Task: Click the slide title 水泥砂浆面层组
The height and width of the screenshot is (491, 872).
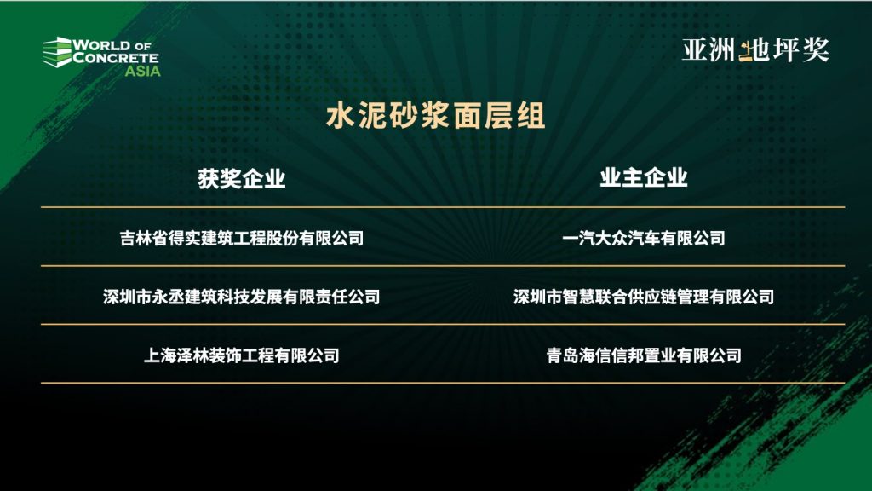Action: tap(435, 115)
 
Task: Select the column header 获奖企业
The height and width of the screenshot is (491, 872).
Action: tap(241, 179)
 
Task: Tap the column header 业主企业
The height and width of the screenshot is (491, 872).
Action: tap(644, 178)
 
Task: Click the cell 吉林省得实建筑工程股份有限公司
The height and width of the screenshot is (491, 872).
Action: tap(241, 239)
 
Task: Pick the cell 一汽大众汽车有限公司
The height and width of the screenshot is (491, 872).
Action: tap(644, 239)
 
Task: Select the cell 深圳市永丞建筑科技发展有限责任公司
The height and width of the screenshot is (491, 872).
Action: tap(241, 297)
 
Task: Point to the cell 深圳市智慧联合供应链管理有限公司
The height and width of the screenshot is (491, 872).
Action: tap(644, 297)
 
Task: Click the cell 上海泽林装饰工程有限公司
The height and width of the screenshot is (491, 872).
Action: tap(241, 355)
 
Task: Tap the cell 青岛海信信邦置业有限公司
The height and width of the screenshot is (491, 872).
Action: tap(644, 355)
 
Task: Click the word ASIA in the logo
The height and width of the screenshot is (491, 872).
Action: tap(142, 72)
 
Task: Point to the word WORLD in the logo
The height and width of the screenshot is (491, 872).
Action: tap(102, 45)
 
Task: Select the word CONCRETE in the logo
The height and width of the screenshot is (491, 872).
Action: tap(116, 57)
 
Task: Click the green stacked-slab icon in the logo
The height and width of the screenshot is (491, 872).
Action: tap(57, 52)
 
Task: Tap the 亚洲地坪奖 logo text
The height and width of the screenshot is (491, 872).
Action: tap(756, 50)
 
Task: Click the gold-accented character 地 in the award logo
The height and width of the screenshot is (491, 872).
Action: tap(754, 50)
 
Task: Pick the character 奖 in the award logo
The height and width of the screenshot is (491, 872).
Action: tap(816, 50)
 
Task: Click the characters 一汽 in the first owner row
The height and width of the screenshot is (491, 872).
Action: tap(578, 239)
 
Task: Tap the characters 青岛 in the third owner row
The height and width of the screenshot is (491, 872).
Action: tap(562, 355)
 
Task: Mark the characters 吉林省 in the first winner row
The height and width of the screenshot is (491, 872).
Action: tap(144, 239)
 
